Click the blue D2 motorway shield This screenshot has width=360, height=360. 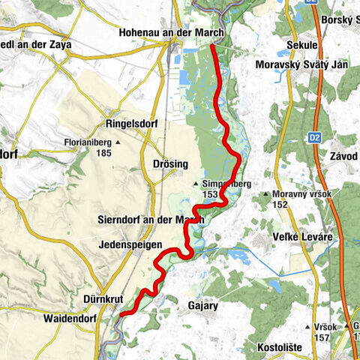[x=315, y=138]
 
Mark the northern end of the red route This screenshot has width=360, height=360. [x=212, y=46]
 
